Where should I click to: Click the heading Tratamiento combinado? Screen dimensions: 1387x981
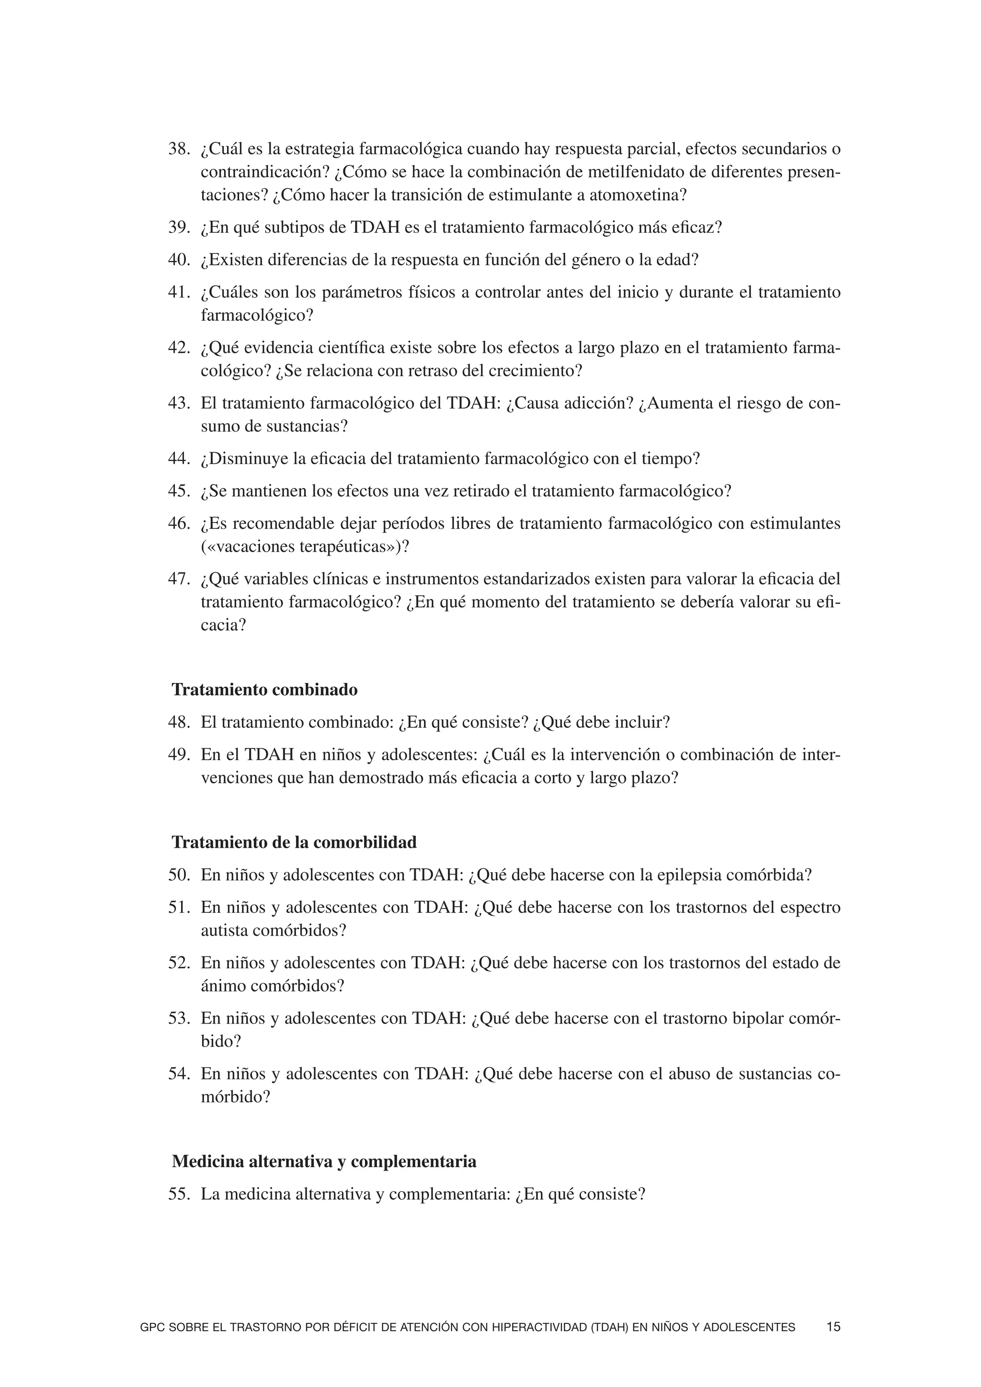click(264, 689)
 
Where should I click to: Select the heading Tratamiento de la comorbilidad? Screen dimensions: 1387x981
click(294, 842)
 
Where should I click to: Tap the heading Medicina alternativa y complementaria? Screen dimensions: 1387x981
click(324, 1161)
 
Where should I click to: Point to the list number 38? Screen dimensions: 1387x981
click(179, 148)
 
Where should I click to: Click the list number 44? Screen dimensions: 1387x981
click(179, 458)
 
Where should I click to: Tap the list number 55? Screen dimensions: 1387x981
click(179, 1194)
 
